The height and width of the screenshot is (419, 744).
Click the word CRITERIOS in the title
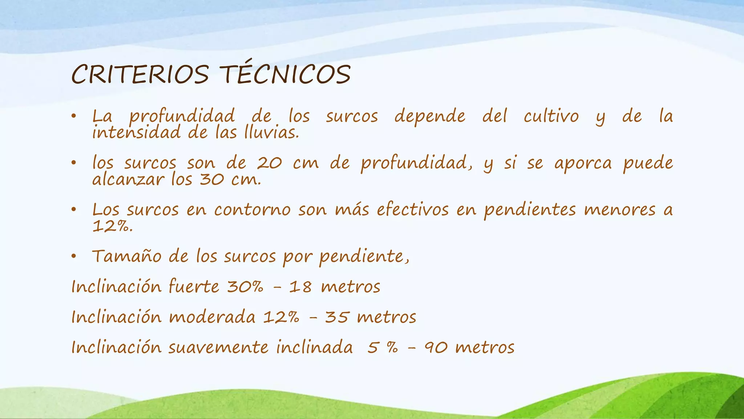coord(140,75)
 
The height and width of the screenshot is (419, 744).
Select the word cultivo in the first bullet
coord(551,116)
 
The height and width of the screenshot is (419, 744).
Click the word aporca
coord(583,164)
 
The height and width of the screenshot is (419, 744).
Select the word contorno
coord(252,210)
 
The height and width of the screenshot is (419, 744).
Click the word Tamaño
coord(126,256)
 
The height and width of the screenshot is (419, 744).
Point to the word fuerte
coord(194,287)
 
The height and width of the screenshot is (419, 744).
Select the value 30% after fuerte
coord(245,287)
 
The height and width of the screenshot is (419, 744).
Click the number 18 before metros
coord(300,287)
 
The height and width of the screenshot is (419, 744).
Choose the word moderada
coord(212,317)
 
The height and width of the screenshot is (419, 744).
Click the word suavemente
coord(218,347)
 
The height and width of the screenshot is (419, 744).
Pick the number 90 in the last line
coord(436,348)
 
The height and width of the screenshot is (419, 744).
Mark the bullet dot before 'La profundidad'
coord(74,117)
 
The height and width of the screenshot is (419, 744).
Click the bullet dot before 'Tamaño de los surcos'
coord(74,257)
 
